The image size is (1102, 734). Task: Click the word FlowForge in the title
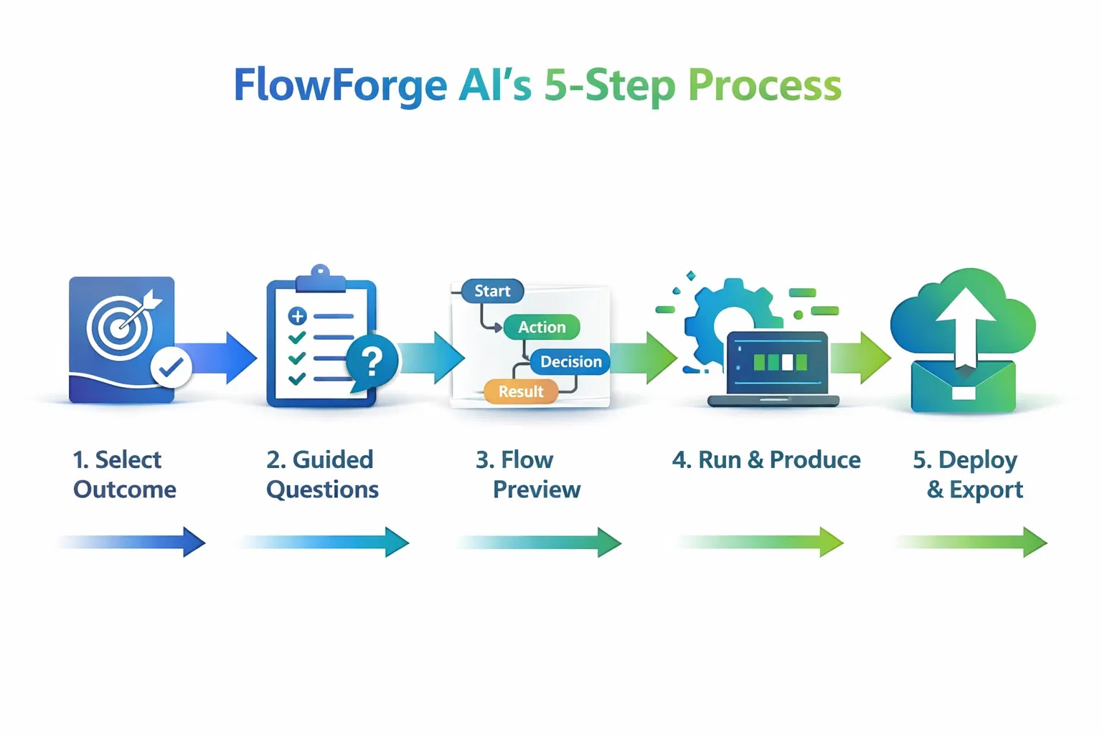click(340, 85)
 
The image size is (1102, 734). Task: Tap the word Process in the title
click(764, 85)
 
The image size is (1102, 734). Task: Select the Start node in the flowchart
click(492, 291)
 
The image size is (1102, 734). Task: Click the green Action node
click(542, 327)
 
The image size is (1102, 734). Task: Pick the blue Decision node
click(570, 361)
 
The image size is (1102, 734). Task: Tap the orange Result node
click(521, 391)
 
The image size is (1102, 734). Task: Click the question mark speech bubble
click(372, 363)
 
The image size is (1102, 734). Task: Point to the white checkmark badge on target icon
click(171, 367)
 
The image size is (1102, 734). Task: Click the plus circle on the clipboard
click(297, 315)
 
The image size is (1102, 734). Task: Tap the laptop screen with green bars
click(778, 363)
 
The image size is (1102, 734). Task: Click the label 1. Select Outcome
click(124, 474)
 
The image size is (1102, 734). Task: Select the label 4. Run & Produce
click(766, 459)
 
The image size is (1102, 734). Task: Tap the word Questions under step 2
click(322, 490)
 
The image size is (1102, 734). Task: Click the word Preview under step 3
click(537, 490)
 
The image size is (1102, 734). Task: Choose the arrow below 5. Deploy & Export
click(971, 542)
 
